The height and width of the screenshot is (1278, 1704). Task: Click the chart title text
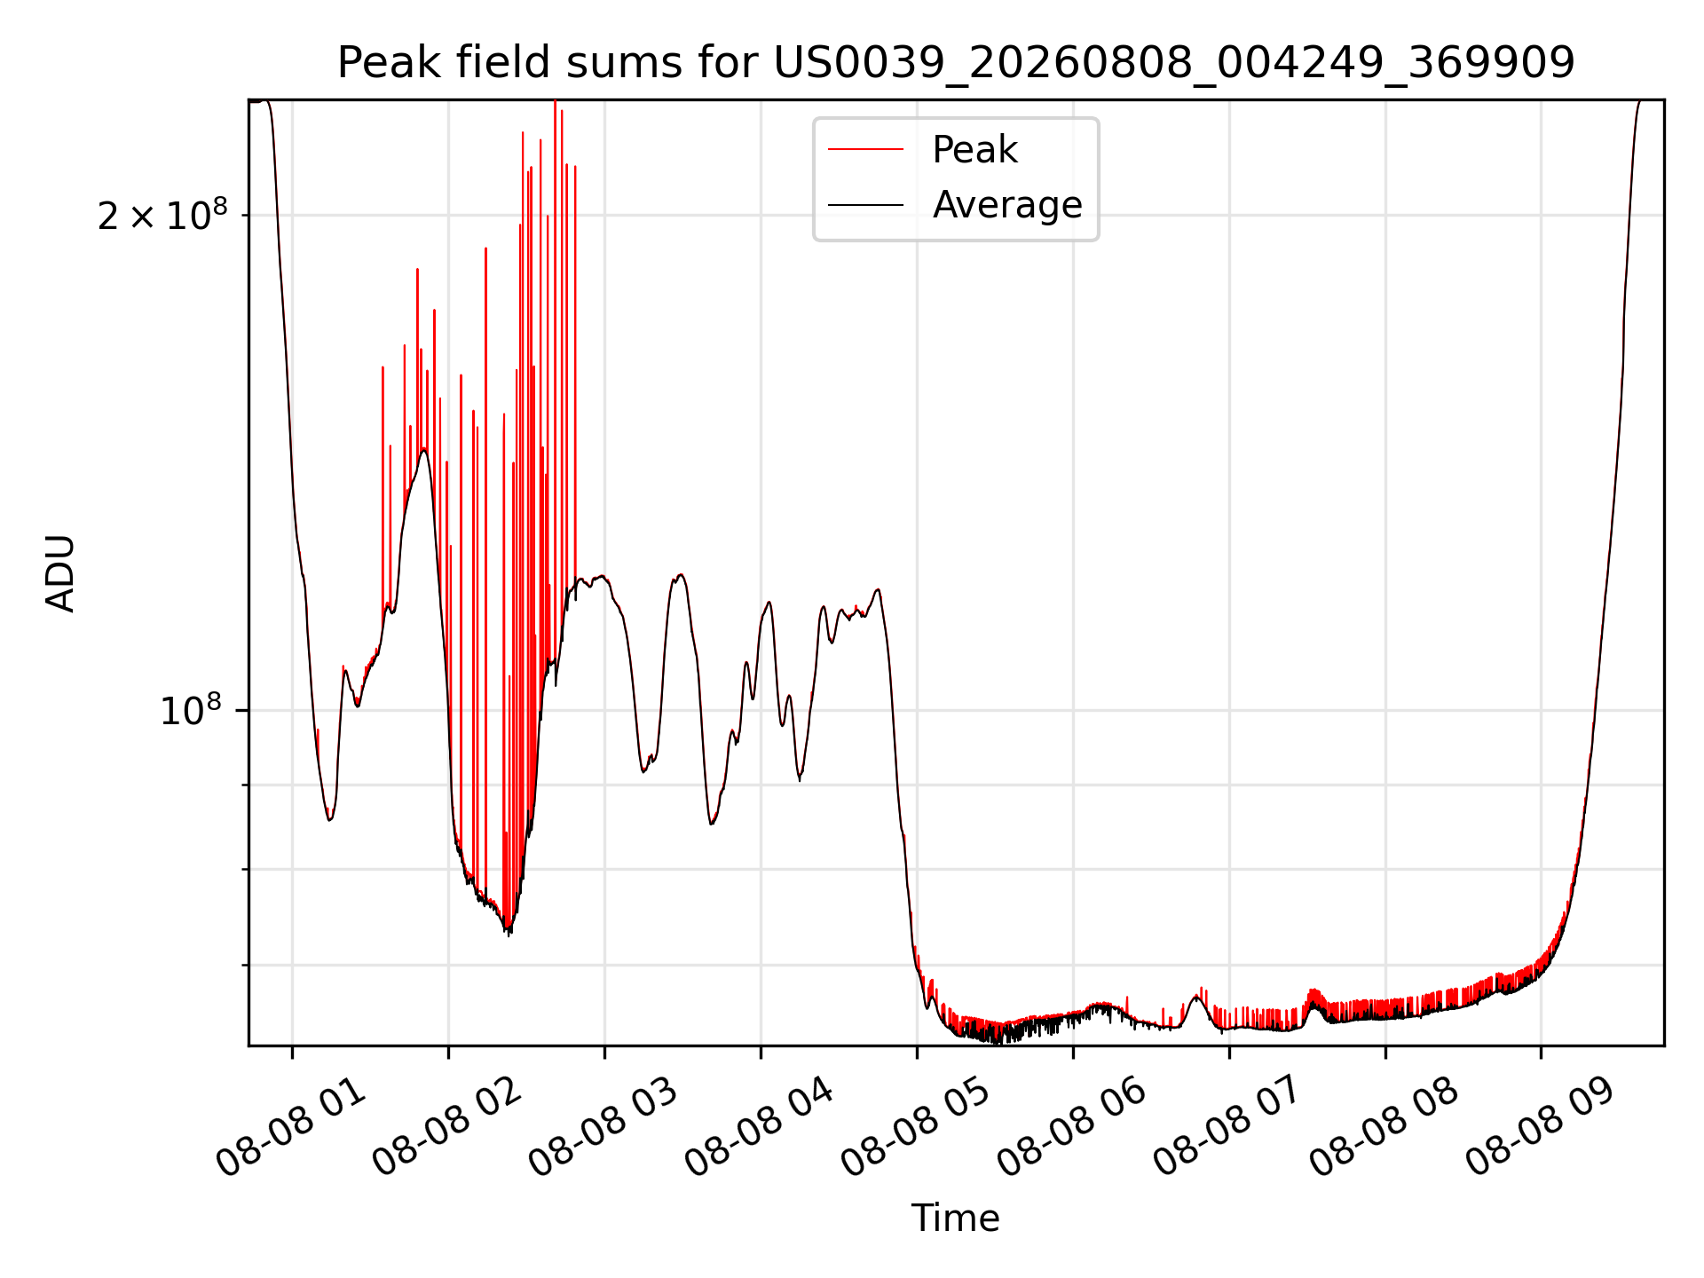[x=956, y=63]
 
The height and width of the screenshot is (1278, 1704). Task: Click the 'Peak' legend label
[x=974, y=150]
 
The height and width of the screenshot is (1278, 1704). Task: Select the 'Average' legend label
[x=1007, y=205]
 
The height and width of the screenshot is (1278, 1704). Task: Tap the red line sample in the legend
[x=866, y=150]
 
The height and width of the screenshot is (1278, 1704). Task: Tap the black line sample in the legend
[x=866, y=205]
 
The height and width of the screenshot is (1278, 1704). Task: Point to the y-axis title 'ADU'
[x=60, y=573]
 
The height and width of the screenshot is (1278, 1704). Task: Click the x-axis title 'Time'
[x=956, y=1219]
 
